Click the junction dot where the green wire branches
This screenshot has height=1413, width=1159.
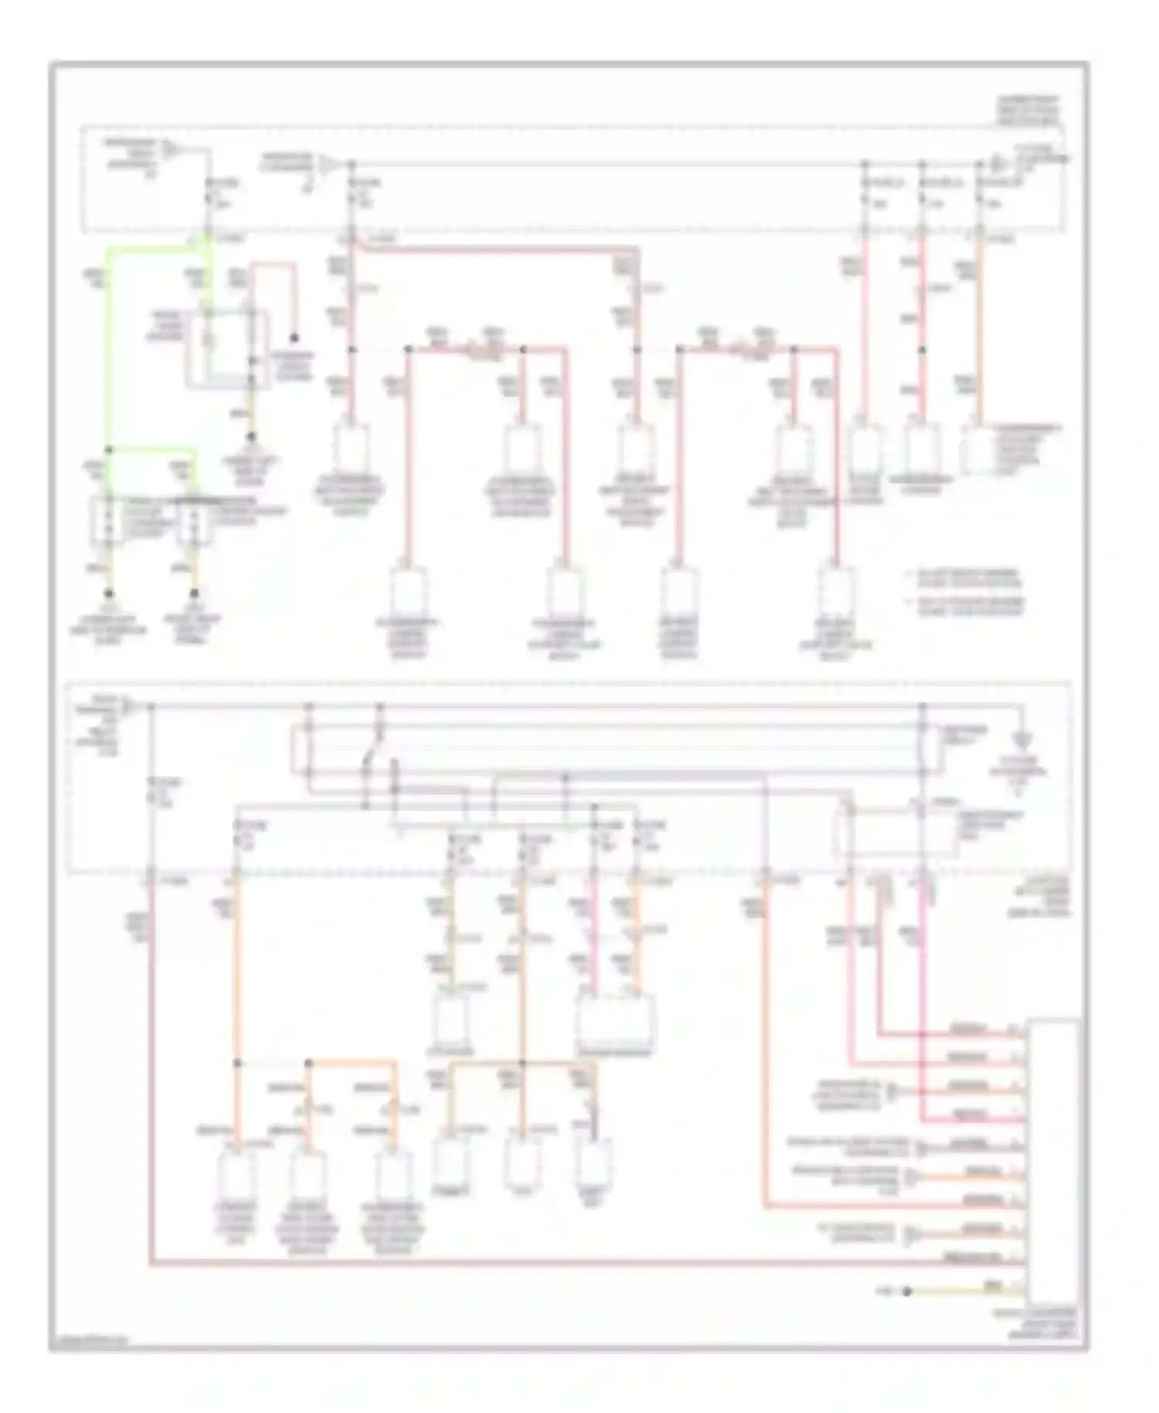pos(109,449)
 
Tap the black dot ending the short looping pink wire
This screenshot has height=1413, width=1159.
pos(294,339)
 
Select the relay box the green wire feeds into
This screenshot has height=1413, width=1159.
pos(228,348)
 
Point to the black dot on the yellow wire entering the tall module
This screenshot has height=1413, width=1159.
pos(907,1291)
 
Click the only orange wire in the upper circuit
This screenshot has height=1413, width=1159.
pos(979,325)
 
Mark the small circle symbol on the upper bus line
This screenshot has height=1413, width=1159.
pos(996,164)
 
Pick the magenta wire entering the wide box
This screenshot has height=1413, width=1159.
pos(594,935)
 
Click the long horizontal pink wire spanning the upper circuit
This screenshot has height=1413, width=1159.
pos(495,249)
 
